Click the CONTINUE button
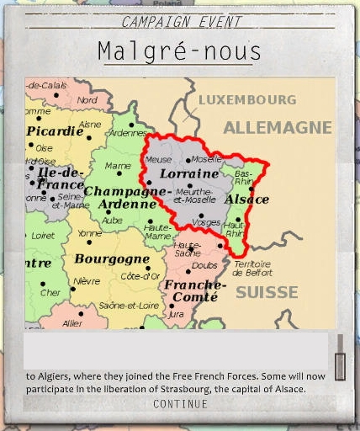click(x=180, y=405)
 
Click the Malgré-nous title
click(x=179, y=51)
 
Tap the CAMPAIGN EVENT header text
click(x=181, y=22)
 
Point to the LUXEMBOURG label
click(x=247, y=100)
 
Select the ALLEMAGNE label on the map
click(x=277, y=128)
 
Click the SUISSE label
click(x=267, y=293)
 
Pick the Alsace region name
click(x=246, y=200)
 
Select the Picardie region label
click(x=55, y=131)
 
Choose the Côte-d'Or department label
click(x=140, y=276)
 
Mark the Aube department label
click(x=112, y=220)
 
